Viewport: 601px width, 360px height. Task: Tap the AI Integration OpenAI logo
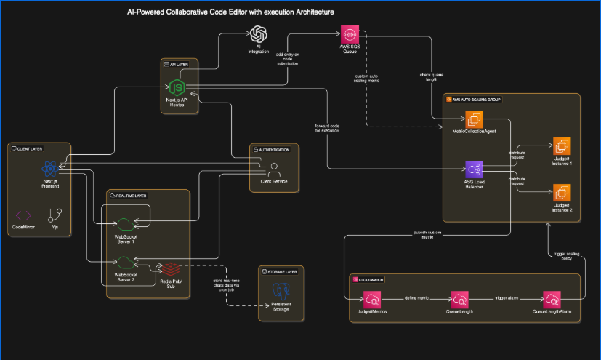pyautogui.click(x=258, y=34)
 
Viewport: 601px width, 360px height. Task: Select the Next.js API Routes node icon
pyautogui.click(x=174, y=87)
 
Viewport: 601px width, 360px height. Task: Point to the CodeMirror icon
pyautogui.click(x=23, y=215)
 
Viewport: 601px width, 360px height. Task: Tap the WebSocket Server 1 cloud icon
pyautogui.click(x=126, y=223)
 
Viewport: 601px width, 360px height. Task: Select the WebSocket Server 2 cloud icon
pyautogui.click(x=126, y=263)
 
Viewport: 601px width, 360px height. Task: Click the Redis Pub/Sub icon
pyautogui.click(x=171, y=268)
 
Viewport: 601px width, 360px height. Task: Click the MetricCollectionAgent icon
pyautogui.click(x=475, y=119)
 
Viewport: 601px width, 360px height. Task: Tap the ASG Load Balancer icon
pyautogui.click(x=475, y=170)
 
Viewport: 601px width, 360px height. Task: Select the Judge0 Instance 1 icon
pyautogui.click(x=562, y=146)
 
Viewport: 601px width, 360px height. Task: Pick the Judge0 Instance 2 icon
pyautogui.click(x=562, y=193)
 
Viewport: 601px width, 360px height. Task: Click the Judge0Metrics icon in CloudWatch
pyautogui.click(x=372, y=299)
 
